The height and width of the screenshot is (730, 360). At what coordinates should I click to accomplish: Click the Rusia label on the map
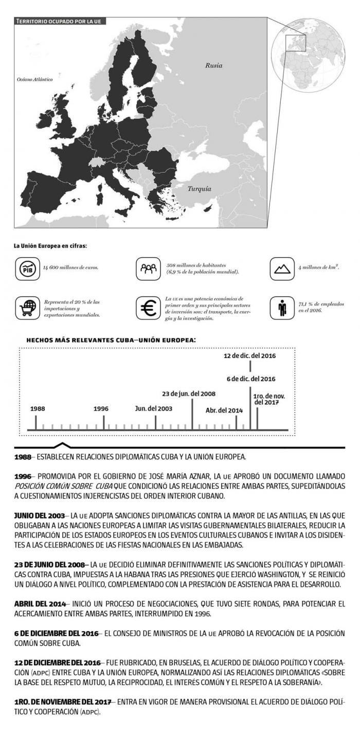(213, 65)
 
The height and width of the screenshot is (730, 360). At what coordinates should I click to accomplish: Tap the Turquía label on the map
(199, 189)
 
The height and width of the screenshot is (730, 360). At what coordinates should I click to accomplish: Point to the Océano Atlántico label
(35, 80)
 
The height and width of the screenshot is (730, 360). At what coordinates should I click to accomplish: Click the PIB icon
(27, 269)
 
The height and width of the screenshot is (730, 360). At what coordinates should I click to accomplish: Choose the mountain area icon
(282, 269)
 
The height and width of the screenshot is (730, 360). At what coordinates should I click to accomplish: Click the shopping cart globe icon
(27, 308)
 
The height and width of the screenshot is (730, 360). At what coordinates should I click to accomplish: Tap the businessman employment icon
(282, 308)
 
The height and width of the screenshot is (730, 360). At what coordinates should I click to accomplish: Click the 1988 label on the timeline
(37, 408)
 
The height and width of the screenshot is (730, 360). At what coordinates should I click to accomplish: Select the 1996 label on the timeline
(101, 408)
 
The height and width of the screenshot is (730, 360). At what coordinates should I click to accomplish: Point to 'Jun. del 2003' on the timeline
(153, 408)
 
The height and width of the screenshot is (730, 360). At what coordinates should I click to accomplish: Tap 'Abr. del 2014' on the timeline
(224, 411)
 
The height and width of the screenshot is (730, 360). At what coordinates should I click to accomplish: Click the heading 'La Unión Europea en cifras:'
(50, 246)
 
